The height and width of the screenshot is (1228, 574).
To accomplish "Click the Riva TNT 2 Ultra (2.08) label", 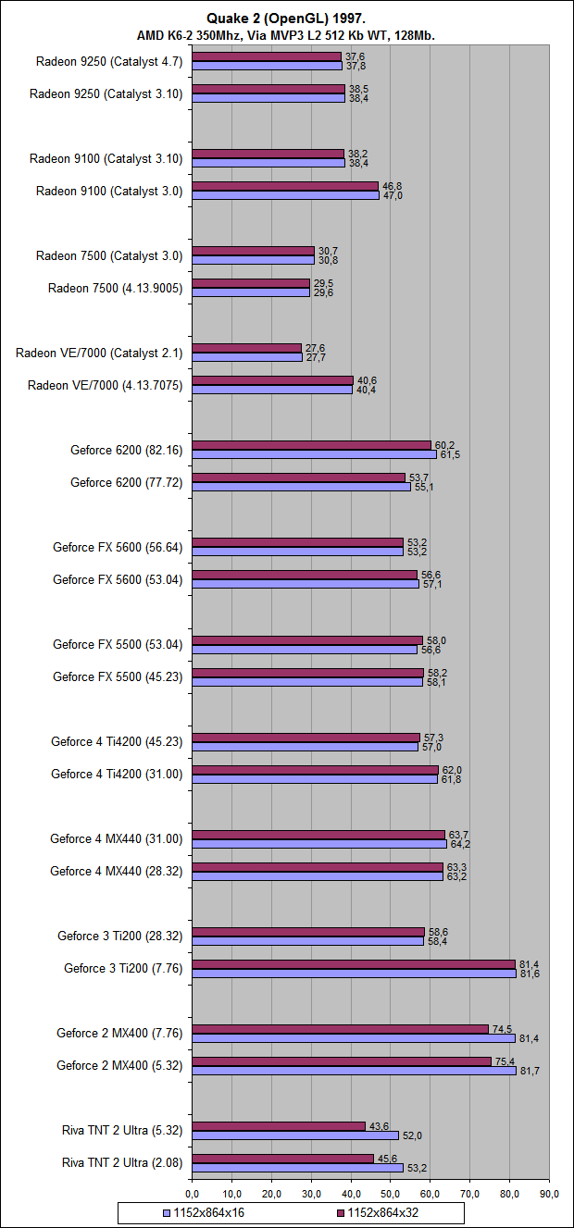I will (122, 1162).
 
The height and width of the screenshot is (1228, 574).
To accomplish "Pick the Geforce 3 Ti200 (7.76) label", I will (123, 968).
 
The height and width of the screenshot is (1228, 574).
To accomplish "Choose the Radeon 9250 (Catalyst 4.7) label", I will (109, 61).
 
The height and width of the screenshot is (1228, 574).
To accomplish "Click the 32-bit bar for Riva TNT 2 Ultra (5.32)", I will (279, 1125).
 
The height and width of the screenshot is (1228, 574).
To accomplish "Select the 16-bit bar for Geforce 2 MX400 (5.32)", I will (354, 1070).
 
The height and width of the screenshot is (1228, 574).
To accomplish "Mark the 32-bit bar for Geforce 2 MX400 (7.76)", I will (340, 1028).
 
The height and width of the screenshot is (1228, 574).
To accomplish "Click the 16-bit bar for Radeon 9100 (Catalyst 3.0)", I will (285, 195).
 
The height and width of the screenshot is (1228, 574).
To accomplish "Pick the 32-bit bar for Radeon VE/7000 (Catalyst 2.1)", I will (246, 348).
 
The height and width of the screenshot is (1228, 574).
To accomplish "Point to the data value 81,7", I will (530, 1071).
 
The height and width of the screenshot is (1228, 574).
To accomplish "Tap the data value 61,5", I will (449, 455).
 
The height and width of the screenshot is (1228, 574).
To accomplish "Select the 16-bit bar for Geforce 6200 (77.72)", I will (301, 487).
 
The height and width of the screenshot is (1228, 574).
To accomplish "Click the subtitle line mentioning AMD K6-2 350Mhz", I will (286, 35).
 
